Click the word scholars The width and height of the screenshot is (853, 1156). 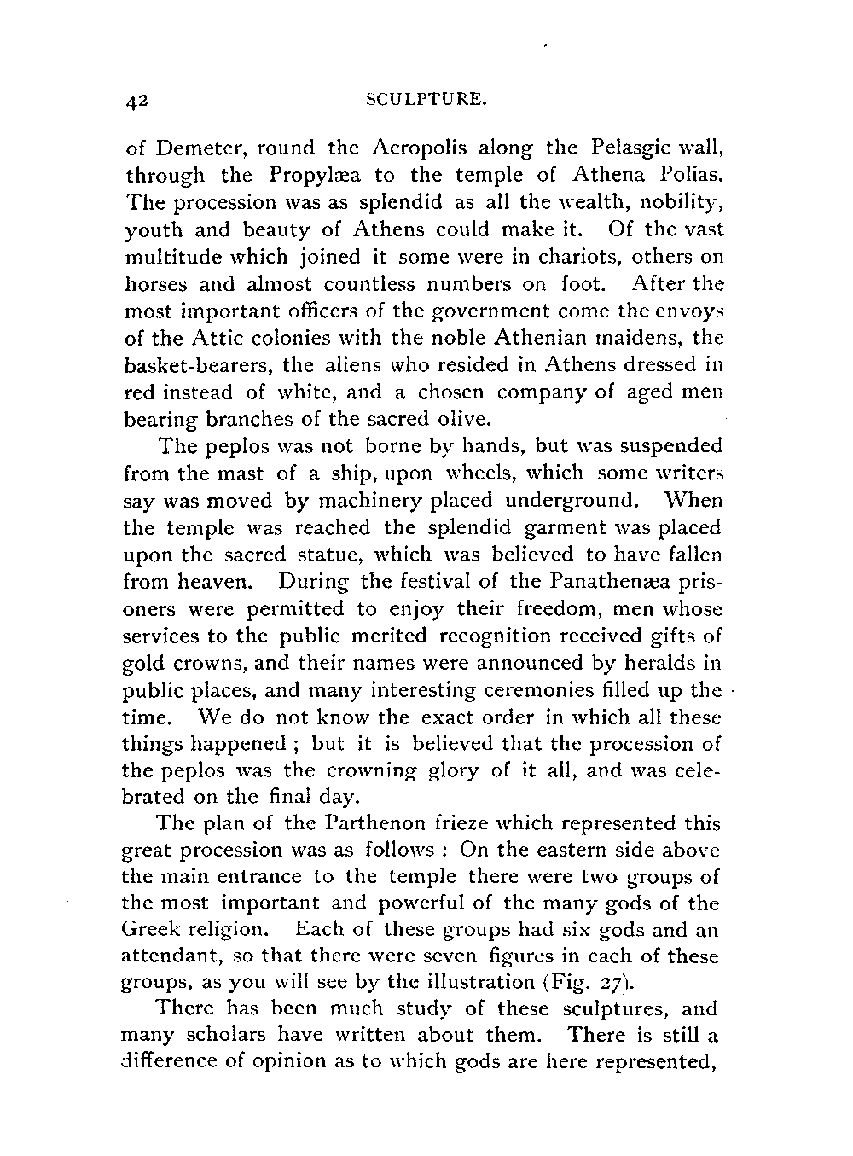223,1036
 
